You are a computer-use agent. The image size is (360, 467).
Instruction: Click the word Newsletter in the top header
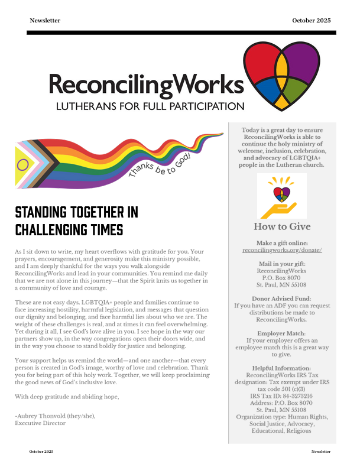pyautogui.click(x=45, y=20)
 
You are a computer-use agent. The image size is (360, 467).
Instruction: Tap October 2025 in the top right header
pyautogui.click(x=311, y=20)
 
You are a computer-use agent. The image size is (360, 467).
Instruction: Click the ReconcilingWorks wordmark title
pyautogui.click(x=145, y=85)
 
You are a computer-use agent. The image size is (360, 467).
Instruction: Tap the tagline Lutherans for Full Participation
pyautogui.click(x=150, y=107)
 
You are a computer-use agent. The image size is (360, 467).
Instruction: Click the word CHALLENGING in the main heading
pyautogui.click(x=53, y=229)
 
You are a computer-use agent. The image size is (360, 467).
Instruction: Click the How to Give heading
pyautogui.click(x=282, y=226)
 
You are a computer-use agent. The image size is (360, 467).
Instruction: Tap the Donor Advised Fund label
pyautogui.click(x=282, y=299)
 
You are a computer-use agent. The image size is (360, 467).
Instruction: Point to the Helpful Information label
pyautogui.click(x=282, y=368)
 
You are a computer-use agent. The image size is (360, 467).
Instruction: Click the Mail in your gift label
pyautogui.click(x=282, y=264)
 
